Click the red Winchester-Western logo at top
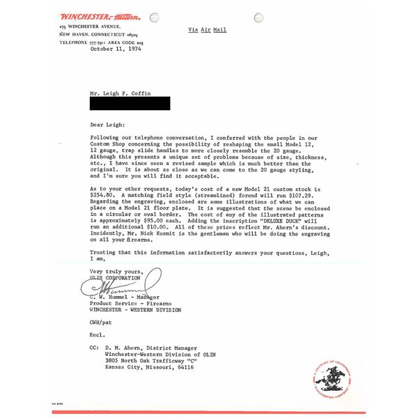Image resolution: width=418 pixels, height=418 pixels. coord(100,15)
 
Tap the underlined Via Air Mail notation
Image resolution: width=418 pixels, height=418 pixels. coord(208,30)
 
